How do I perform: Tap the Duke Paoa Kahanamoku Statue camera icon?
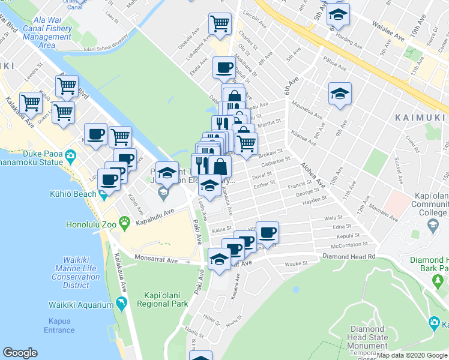71,157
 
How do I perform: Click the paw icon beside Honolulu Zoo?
125,224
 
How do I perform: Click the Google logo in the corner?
20,353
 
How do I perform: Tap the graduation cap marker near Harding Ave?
339,14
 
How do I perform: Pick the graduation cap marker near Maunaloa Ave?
340,94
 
